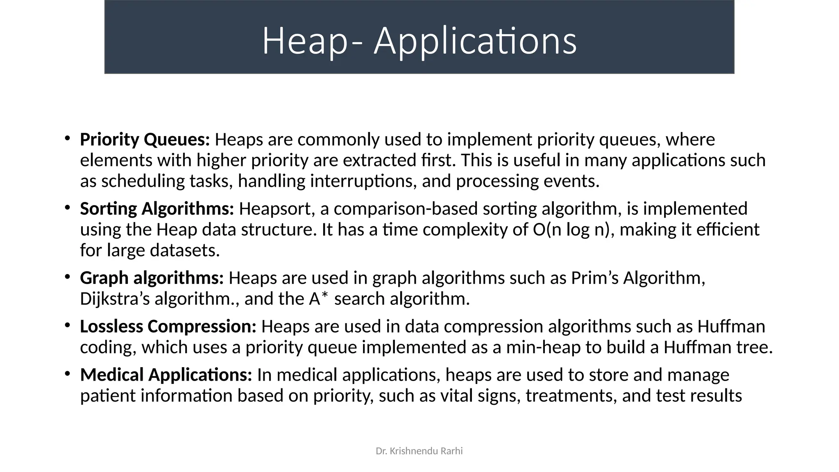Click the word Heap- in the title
(312, 41)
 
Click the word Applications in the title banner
(475, 41)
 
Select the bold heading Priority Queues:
(145, 140)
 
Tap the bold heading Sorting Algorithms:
(157, 209)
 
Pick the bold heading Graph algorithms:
(152, 278)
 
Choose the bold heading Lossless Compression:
(168, 327)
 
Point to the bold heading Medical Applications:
(166, 375)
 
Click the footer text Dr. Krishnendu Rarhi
(419, 451)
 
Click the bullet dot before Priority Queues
(67, 139)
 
